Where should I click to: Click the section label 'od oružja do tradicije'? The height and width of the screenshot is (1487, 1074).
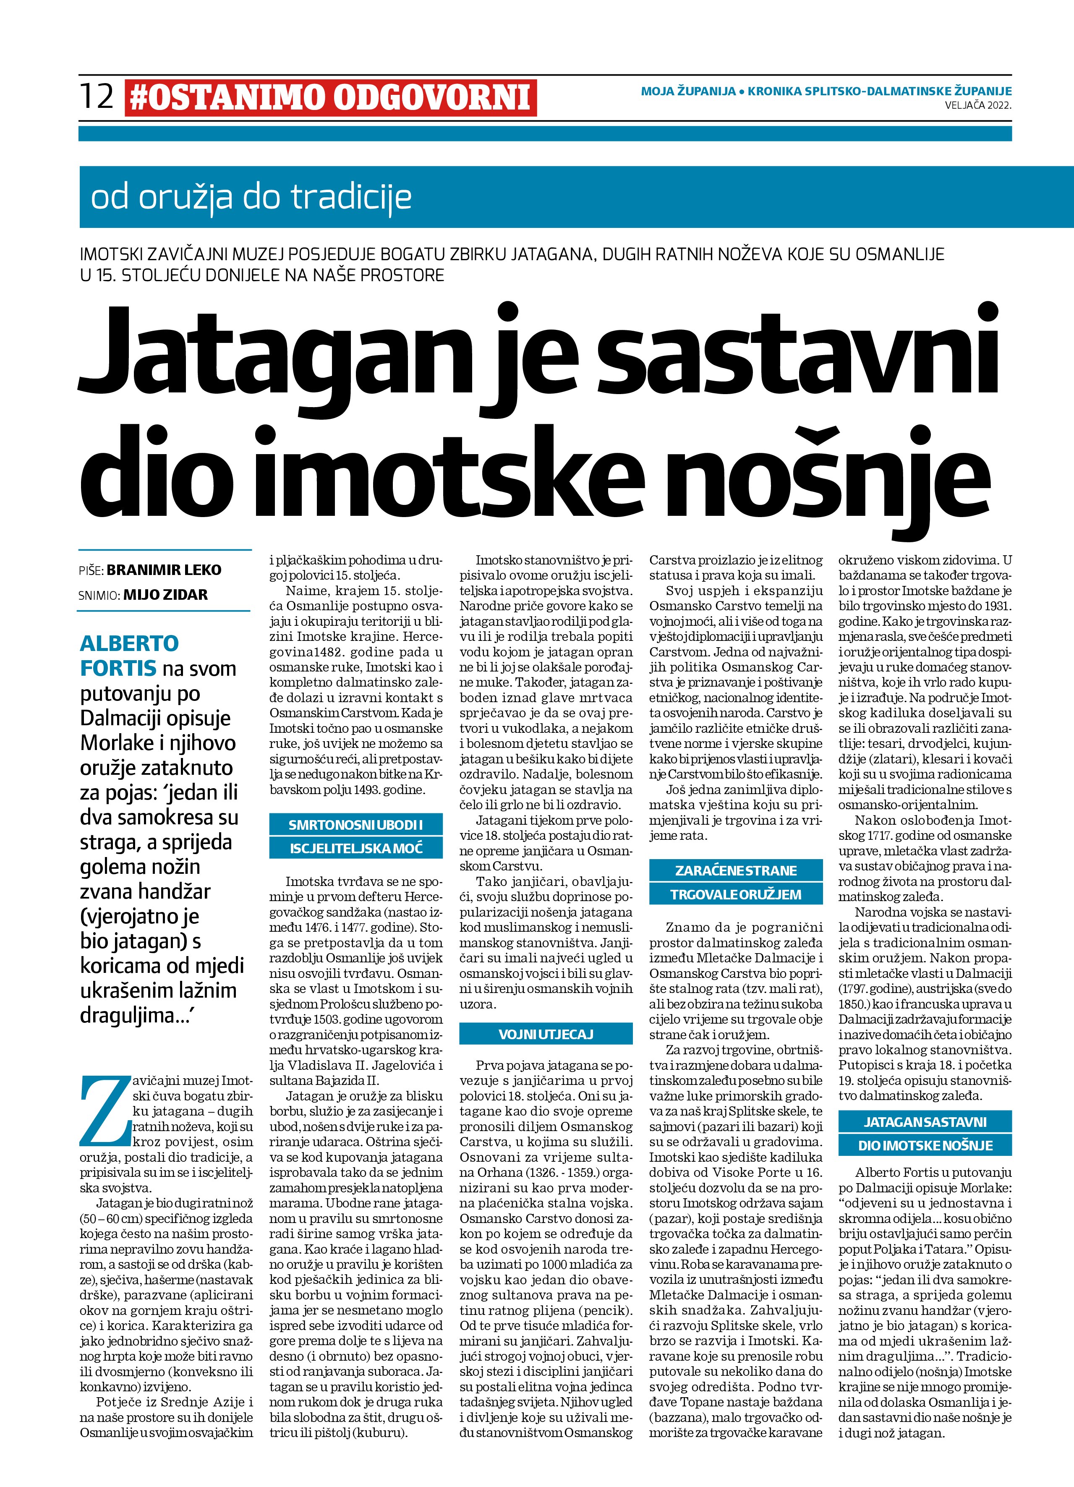pyautogui.click(x=251, y=197)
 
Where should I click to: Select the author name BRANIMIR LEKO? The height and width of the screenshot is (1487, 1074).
pyautogui.click(x=164, y=570)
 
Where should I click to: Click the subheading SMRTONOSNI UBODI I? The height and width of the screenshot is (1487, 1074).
pyautogui.click(x=355, y=825)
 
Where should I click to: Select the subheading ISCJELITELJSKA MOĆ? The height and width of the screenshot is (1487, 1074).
pyautogui.click(x=356, y=848)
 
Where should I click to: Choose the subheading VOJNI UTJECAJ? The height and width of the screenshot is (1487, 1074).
pyautogui.click(x=546, y=1034)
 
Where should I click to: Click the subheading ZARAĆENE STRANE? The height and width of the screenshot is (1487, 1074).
pyautogui.click(x=736, y=871)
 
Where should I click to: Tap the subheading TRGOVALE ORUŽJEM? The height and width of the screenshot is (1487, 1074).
pyautogui.click(x=736, y=894)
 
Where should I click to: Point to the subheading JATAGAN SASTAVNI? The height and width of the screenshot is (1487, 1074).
pyautogui.click(x=925, y=1122)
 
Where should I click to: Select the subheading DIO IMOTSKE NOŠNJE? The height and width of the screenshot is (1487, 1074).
pyautogui.click(x=925, y=1145)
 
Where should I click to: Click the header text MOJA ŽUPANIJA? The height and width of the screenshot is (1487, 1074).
pyautogui.click(x=688, y=91)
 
